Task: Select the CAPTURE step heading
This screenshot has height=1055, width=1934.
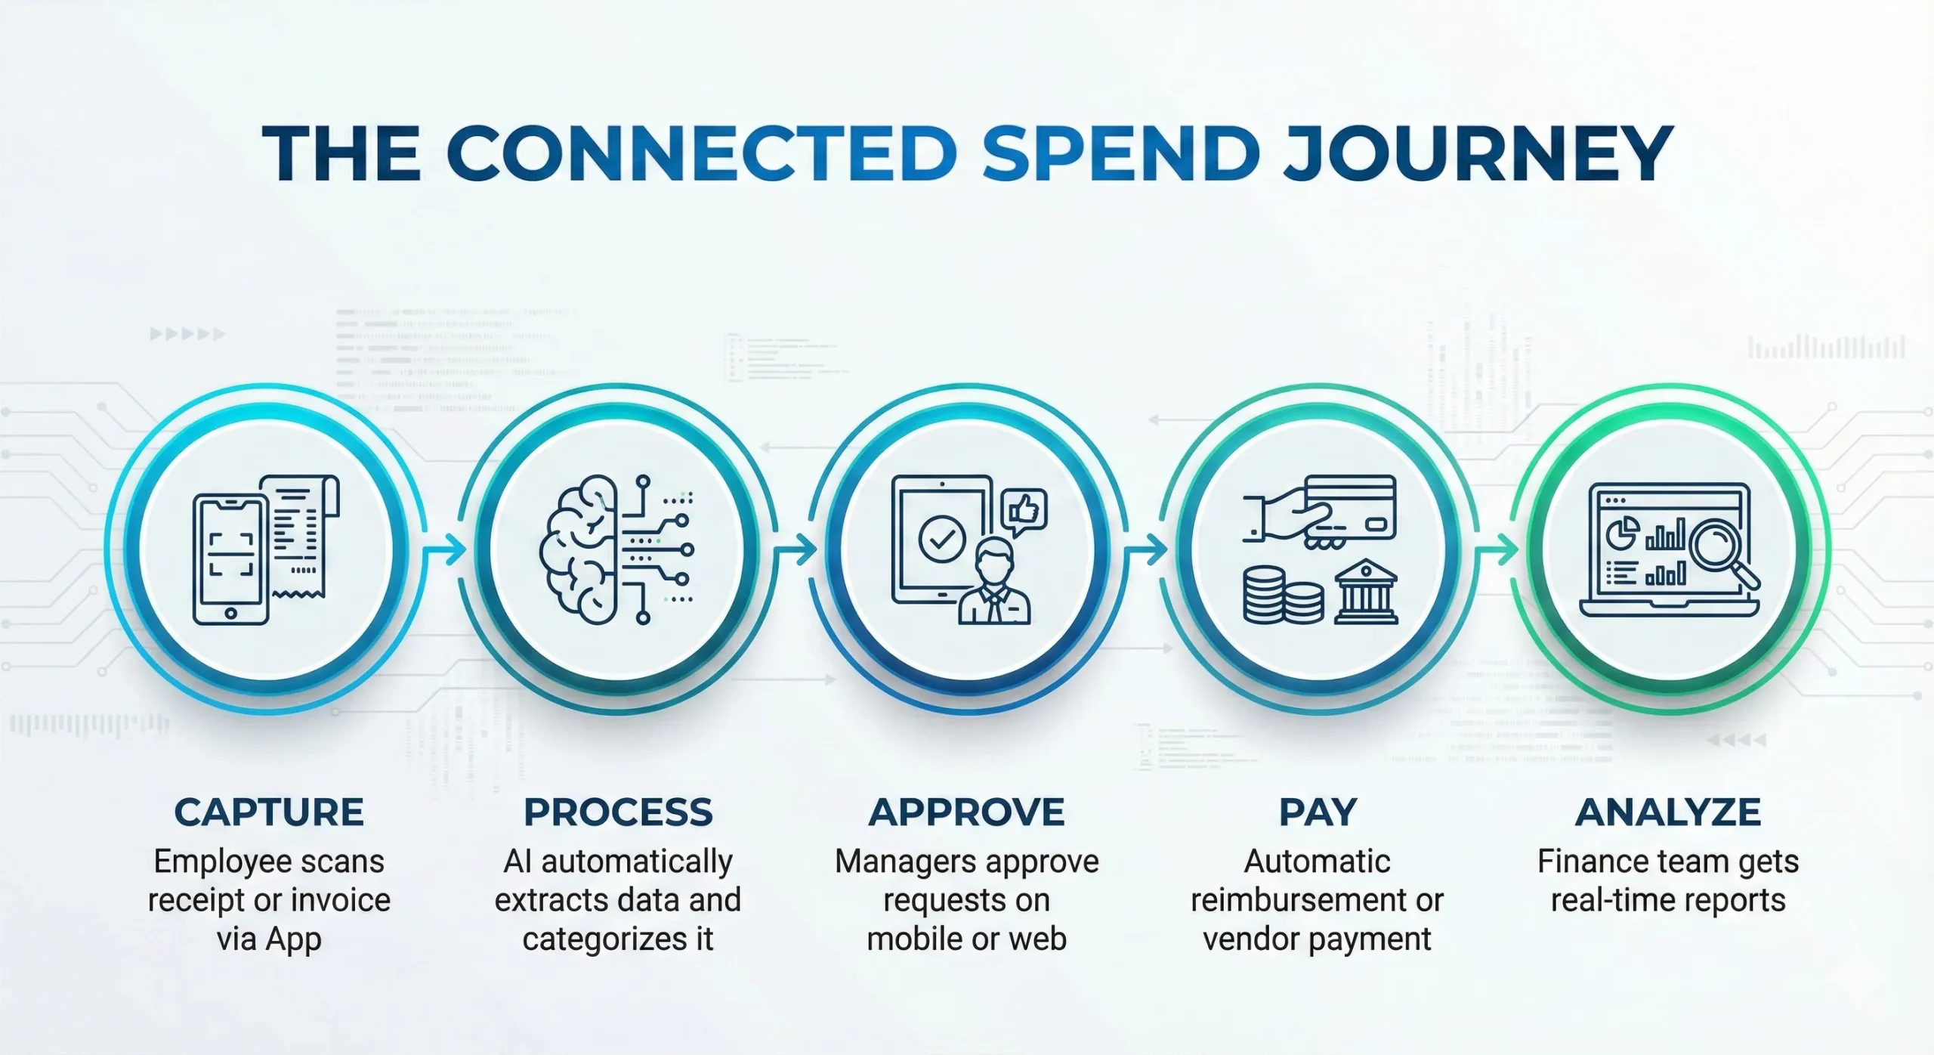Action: [269, 812]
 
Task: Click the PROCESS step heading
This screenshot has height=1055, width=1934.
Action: [618, 812]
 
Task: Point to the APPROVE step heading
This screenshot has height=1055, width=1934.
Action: [966, 812]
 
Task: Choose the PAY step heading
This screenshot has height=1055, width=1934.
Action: [1318, 812]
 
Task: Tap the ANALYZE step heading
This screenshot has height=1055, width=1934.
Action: [1668, 812]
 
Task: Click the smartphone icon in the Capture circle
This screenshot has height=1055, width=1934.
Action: [231, 559]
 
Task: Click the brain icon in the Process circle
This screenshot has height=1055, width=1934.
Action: [578, 549]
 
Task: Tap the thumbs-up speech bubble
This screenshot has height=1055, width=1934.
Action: [1024, 512]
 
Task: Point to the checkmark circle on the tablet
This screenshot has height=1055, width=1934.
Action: [941, 540]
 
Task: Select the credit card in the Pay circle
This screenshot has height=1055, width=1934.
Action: [1351, 506]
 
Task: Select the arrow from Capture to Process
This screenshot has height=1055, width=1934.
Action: [445, 549]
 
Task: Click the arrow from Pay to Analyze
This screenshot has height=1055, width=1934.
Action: [1497, 549]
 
